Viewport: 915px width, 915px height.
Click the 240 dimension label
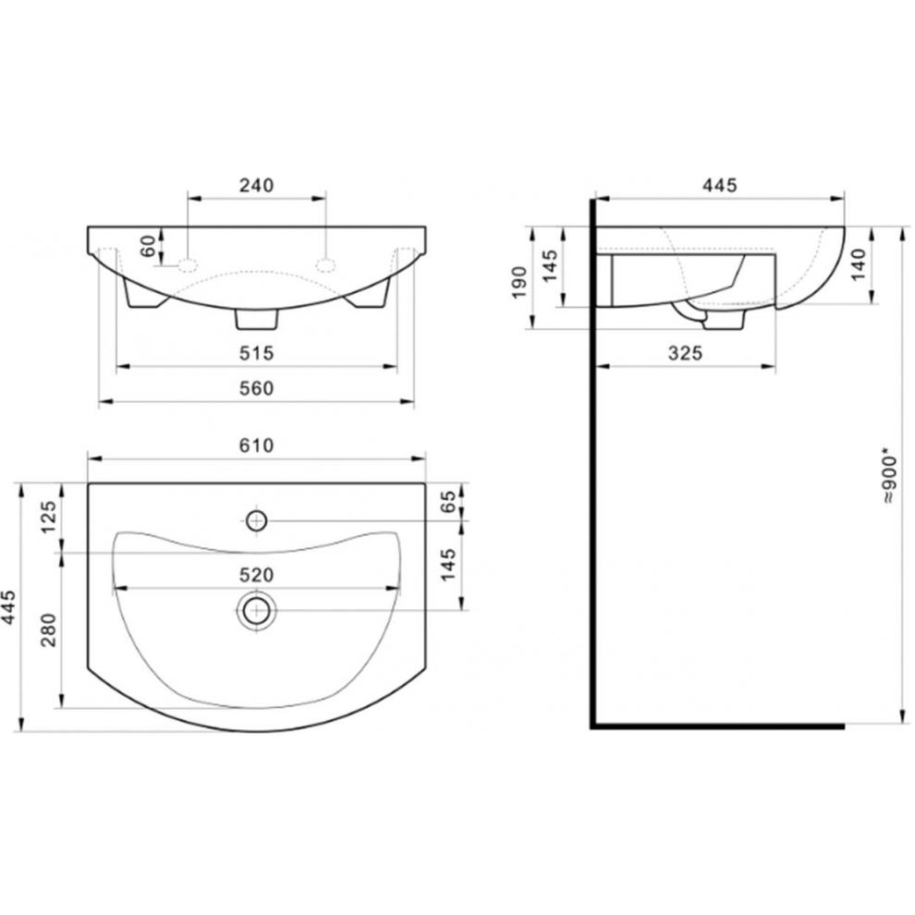click(x=256, y=185)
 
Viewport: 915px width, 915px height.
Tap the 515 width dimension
click(x=256, y=353)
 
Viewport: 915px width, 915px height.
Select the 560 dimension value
click(x=256, y=388)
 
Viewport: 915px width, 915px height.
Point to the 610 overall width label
click(x=256, y=445)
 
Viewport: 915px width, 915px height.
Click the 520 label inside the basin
click(x=256, y=575)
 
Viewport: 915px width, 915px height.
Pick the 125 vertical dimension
click(x=48, y=517)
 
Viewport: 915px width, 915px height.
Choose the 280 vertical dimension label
click(x=48, y=630)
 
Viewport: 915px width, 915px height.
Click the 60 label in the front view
click(x=149, y=246)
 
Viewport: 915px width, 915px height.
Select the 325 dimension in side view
click(x=685, y=353)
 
